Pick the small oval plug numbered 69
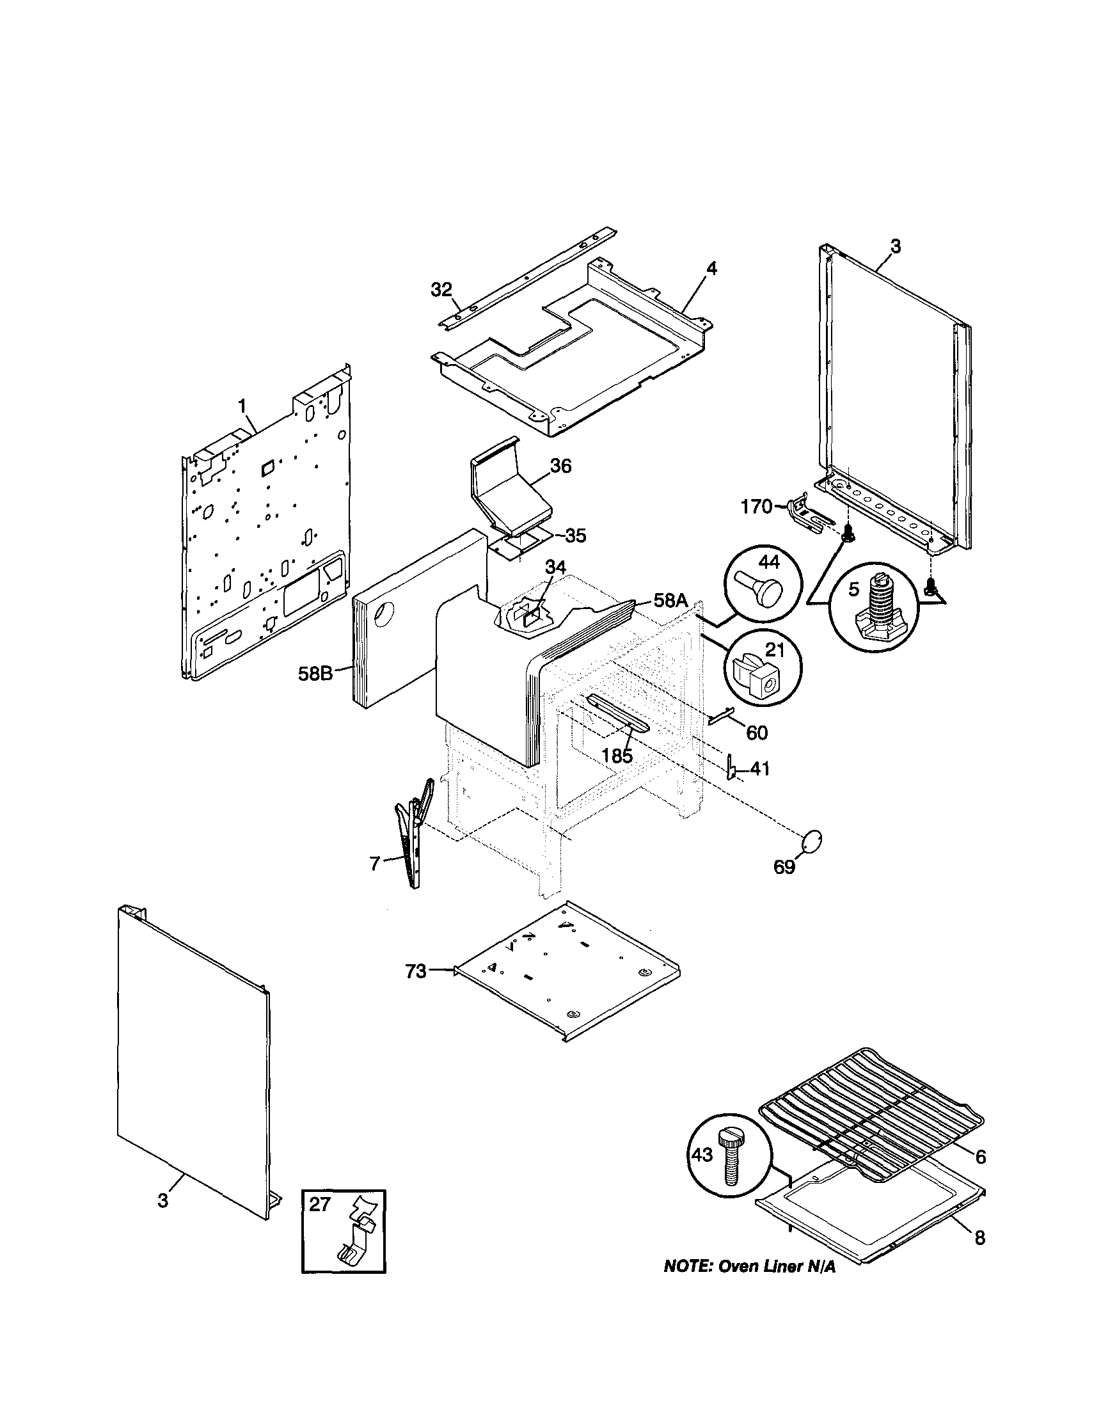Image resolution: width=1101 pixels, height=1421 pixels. [x=812, y=840]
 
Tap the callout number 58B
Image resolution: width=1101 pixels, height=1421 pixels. [x=315, y=674]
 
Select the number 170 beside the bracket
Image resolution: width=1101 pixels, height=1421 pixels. [x=756, y=506]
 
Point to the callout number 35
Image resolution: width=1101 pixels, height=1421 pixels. [x=575, y=536]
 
